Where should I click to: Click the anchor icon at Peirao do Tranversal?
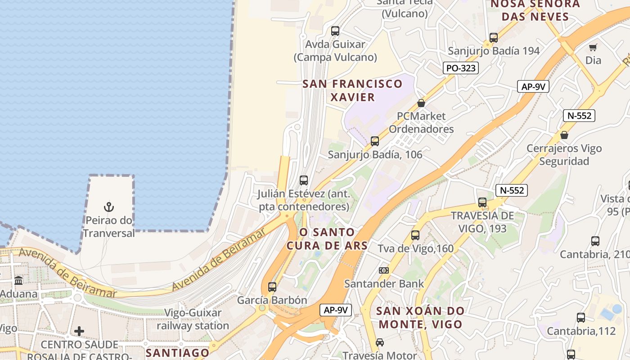[109, 207]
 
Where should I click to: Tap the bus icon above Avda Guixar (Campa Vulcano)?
[335, 31]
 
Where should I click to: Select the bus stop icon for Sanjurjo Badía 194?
[494, 38]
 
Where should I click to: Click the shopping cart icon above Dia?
[593, 47]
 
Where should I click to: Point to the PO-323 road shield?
[460, 68]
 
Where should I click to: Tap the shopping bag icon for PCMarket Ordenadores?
[421, 103]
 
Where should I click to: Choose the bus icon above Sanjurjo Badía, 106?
[375, 141]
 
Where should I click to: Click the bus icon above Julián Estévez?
[304, 180]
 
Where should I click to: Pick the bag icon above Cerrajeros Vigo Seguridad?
[564, 135]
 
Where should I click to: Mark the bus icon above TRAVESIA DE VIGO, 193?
[482, 202]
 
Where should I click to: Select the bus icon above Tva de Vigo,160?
[415, 235]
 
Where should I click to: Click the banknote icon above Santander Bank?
[384, 270]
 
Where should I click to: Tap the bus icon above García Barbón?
[272, 287]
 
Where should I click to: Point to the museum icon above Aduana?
[18, 281]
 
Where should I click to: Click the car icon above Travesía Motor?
[380, 342]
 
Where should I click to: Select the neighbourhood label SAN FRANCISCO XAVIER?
[352, 90]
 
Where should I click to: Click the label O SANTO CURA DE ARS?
[327, 239]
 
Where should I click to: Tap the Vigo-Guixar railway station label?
[193, 319]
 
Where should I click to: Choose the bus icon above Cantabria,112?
[581, 318]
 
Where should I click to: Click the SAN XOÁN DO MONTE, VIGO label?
[420, 317]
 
